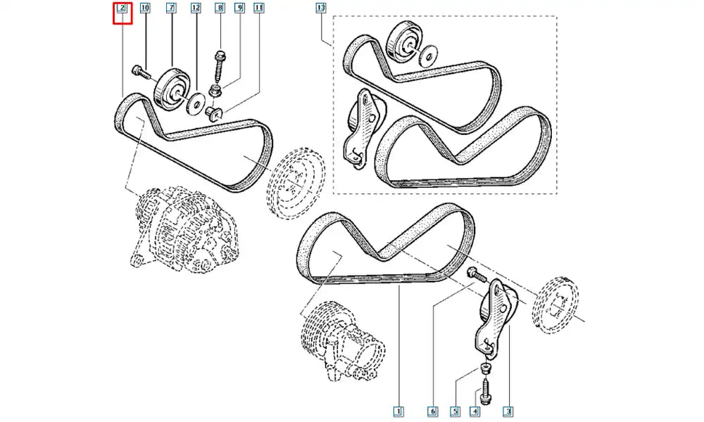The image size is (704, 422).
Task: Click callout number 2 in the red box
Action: pyautogui.click(x=122, y=8)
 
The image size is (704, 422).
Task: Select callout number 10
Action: pyautogui.click(x=145, y=8)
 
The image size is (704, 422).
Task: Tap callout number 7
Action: pyautogui.click(x=171, y=8)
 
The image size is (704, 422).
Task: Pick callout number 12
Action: pyautogui.click(x=196, y=8)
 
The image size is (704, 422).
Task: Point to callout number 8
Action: pyautogui.click(x=219, y=8)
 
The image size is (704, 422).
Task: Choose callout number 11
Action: pyautogui.click(x=259, y=8)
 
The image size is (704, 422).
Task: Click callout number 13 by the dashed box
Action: pyautogui.click(x=321, y=8)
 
